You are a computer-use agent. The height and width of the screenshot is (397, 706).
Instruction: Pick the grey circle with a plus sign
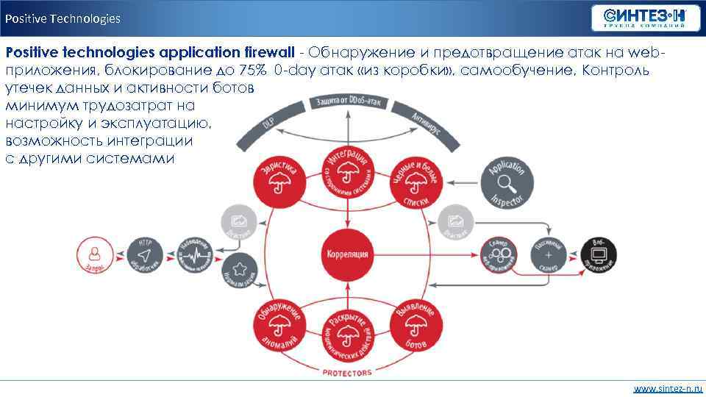pos(549,254)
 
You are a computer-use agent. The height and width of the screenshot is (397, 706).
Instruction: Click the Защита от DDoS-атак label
pos(346,101)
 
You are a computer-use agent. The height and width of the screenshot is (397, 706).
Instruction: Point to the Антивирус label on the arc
pos(426,122)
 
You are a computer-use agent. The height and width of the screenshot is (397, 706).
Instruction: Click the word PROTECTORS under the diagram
pos(347,373)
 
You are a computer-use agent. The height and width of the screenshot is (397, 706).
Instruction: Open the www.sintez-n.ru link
pos(668,387)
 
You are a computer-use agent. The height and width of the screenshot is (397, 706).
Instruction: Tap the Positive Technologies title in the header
pos(63,18)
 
